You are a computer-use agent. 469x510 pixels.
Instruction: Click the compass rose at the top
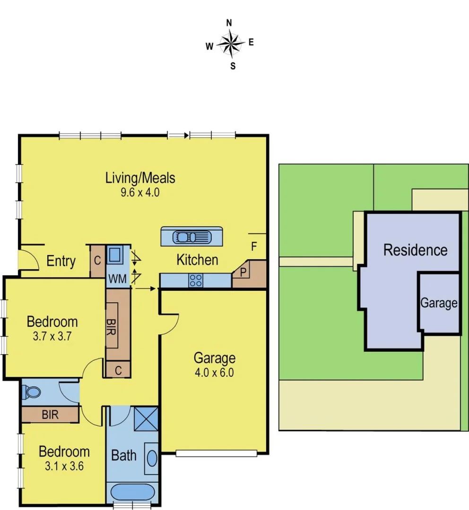point(231,44)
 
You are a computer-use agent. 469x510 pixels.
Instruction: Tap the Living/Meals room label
point(140,178)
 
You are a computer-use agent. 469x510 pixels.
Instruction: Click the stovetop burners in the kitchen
point(195,280)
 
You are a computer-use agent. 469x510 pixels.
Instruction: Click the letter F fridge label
point(254,246)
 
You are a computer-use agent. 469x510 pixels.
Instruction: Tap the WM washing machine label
point(117,279)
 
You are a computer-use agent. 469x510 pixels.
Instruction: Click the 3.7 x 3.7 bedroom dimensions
point(52,337)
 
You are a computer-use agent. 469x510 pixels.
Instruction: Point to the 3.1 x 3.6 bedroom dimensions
point(64,466)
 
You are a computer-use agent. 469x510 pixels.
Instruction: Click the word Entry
point(61,261)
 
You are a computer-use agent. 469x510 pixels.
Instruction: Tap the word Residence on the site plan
point(415,250)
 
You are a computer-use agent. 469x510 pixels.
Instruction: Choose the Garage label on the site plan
point(439,303)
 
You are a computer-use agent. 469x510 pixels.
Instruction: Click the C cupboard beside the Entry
point(97,260)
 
